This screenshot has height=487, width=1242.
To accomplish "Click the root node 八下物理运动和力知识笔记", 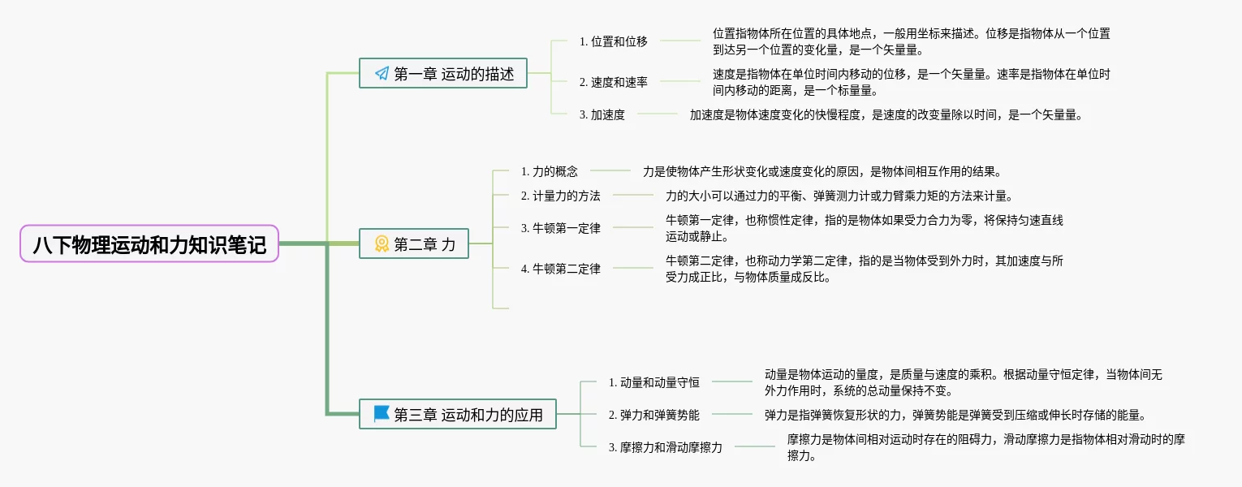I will pyautogui.click(x=149, y=243).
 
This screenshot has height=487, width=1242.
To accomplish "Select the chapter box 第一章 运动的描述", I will pyautogui.click(x=443, y=73).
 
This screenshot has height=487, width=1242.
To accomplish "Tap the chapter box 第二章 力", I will pyautogui.click(x=414, y=243).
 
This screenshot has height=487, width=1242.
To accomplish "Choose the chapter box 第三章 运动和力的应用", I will pyautogui.click(x=458, y=414).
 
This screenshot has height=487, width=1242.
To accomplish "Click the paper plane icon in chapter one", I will pyautogui.click(x=382, y=74).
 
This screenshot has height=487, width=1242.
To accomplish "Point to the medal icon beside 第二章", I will pyautogui.click(x=382, y=243).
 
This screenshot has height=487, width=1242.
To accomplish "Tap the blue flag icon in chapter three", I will pyautogui.click(x=382, y=414).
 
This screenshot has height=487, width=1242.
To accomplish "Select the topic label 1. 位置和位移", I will pyautogui.click(x=614, y=41).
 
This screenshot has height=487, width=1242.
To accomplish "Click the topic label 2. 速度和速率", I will pyautogui.click(x=614, y=81).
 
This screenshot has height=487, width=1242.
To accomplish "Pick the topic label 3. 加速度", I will pyautogui.click(x=602, y=114).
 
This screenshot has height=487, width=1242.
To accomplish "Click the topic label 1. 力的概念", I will pyautogui.click(x=550, y=171).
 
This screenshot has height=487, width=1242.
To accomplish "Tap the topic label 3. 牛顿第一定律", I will pyautogui.click(x=561, y=228).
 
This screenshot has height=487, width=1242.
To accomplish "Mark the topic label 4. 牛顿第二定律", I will pyautogui.click(x=561, y=269).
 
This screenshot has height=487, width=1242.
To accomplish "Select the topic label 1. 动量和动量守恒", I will pyautogui.click(x=654, y=381).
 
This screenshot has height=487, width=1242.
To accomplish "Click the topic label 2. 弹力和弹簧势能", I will pyautogui.click(x=654, y=414).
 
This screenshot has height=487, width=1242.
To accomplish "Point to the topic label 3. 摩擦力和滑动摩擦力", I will pyautogui.click(x=666, y=446).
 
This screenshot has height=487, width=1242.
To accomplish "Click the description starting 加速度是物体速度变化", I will pyautogui.click(x=886, y=114).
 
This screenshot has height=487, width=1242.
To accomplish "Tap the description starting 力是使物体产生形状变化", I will pyautogui.click(x=823, y=171).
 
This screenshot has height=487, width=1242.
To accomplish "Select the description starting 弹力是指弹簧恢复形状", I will pyautogui.click(x=955, y=415).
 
